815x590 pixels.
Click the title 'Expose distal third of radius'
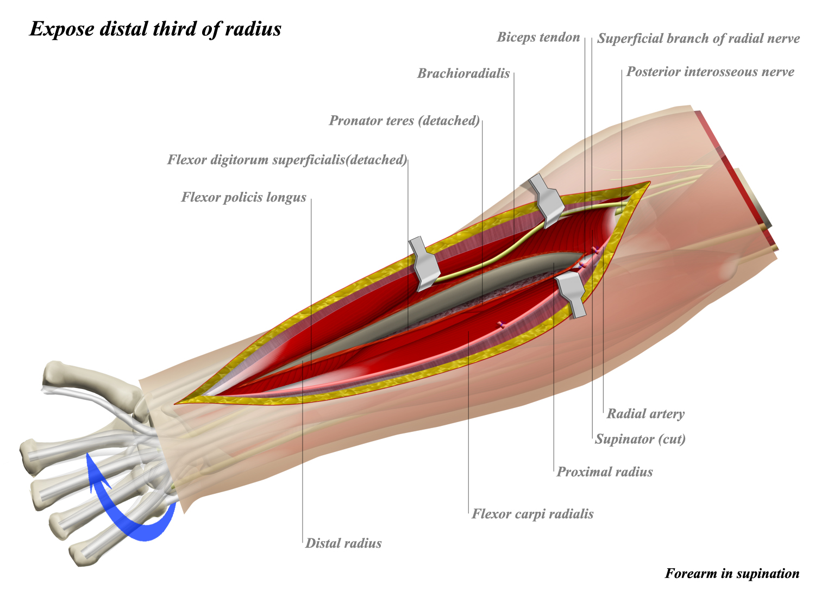(x=155, y=29)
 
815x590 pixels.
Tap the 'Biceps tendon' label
(x=538, y=37)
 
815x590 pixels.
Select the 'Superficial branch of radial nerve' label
(x=698, y=39)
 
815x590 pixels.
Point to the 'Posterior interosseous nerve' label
(x=710, y=72)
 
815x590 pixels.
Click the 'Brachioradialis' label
(x=463, y=74)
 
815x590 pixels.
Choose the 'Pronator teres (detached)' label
(x=404, y=121)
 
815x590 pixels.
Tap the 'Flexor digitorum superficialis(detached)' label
(x=287, y=160)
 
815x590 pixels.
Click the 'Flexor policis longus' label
(x=243, y=197)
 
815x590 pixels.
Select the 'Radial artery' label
(x=645, y=414)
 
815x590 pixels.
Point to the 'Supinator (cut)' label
(x=640, y=439)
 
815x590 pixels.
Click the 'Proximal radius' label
(x=605, y=472)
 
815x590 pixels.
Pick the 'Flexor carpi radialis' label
(x=532, y=514)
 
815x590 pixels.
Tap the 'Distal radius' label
(x=343, y=543)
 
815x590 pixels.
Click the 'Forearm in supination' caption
(x=732, y=574)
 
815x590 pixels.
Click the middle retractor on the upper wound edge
(x=425, y=263)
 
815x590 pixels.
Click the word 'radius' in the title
(x=254, y=29)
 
